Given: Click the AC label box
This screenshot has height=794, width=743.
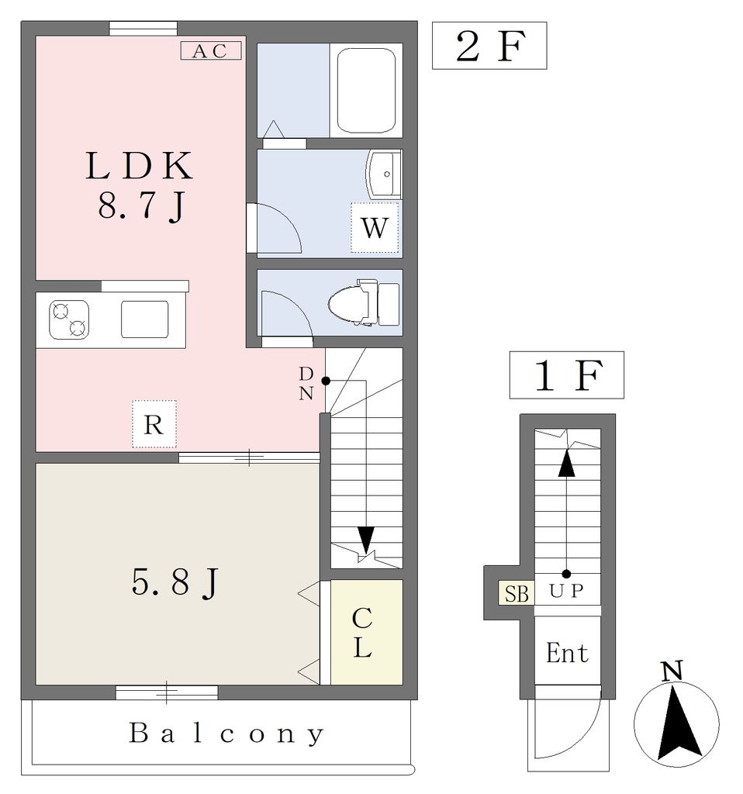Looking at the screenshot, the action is click(x=211, y=50).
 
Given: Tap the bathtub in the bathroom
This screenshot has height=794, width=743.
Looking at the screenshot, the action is click(x=365, y=90).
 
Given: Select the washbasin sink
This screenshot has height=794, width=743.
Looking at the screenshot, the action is click(x=383, y=174).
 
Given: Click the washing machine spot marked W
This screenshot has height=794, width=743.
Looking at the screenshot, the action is click(x=375, y=227).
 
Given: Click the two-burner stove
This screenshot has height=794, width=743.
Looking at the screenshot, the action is click(x=69, y=319).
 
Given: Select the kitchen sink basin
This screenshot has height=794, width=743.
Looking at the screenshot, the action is click(x=145, y=319).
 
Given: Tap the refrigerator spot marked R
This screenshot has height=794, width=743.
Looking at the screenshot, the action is click(x=154, y=424).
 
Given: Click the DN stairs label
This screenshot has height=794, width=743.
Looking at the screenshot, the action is click(x=306, y=383).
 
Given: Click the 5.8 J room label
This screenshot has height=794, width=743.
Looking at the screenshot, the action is click(x=175, y=582).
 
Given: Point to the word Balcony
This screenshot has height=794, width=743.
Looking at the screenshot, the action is click(x=226, y=734).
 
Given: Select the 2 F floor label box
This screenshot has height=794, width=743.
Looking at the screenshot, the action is click(x=489, y=46).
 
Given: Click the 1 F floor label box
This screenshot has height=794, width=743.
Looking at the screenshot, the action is click(x=567, y=375).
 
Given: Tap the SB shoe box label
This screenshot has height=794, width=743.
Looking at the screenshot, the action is click(x=517, y=593).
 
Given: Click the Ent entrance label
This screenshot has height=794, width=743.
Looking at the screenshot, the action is click(x=567, y=653).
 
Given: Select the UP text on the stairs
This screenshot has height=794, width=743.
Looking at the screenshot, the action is click(x=567, y=591).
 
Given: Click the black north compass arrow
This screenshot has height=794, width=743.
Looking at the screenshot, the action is click(x=679, y=723).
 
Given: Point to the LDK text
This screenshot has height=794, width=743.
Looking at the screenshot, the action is click(x=140, y=166).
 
